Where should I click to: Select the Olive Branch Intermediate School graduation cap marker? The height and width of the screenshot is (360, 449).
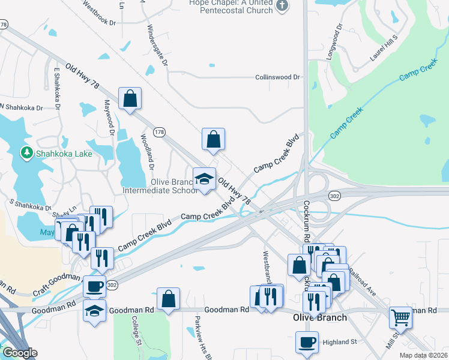pos(204,179)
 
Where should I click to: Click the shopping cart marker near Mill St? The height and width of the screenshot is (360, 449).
pos(400,316)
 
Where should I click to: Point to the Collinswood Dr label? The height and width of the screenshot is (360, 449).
pos(277,77)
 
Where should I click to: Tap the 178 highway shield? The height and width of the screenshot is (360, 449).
pos(158,132)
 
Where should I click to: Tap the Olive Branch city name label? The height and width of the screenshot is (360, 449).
pos(319,317)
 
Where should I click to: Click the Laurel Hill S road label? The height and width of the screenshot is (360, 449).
pos(384,47)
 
